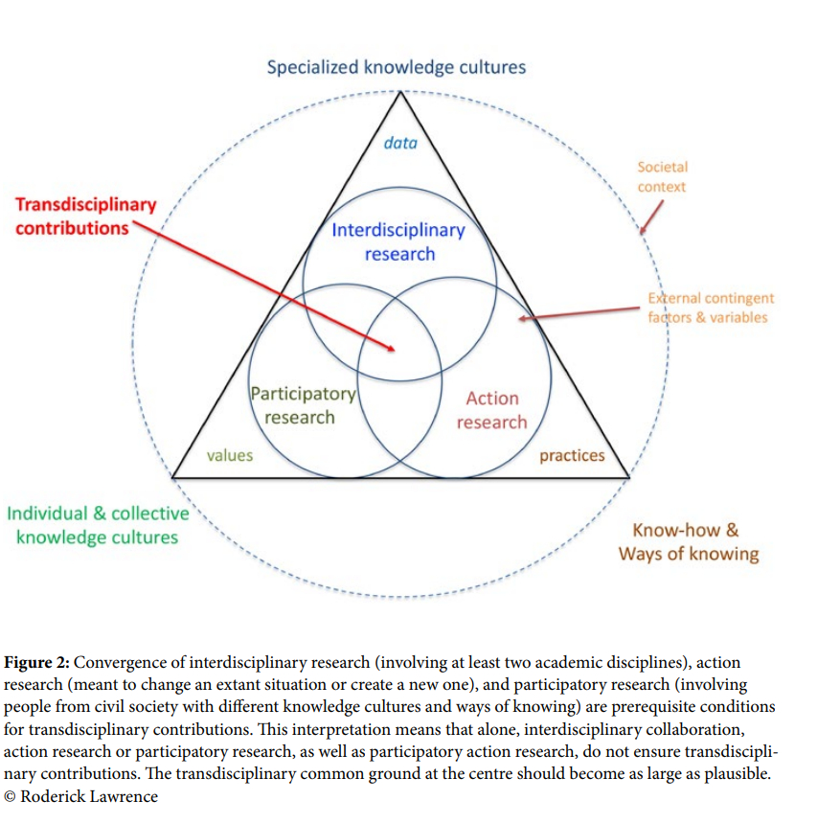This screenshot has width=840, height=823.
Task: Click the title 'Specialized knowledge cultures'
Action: pos(396,67)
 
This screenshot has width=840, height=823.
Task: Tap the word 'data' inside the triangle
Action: pos(400,143)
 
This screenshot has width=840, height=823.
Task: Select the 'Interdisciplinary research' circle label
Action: pos(398,241)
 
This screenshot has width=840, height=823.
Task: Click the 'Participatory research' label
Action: pos(302,405)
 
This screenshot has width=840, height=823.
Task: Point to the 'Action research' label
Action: pos(491,410)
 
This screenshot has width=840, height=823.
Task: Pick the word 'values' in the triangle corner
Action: pos(230,455)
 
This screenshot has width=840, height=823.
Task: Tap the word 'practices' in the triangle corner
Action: pos(572,455)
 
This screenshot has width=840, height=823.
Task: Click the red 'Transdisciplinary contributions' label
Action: pos(85,217)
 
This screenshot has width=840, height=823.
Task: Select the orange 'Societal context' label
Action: pos(662,177)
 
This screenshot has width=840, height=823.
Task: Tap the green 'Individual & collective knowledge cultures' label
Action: pos(98,525)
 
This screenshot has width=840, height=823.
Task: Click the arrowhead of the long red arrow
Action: pos(394,351)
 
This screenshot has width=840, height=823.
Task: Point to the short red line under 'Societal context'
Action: pos(650,219)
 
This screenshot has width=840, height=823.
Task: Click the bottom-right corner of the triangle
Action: pos(628,476)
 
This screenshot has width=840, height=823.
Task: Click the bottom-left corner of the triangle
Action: pos(173,476)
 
